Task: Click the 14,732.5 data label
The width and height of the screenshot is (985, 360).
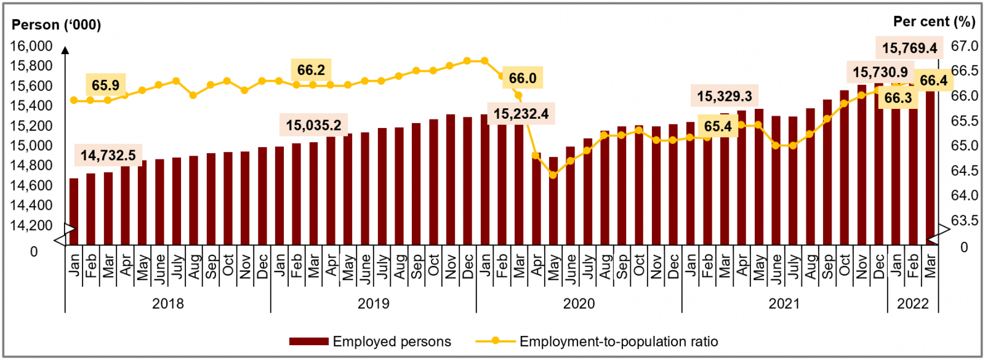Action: click(108, 156)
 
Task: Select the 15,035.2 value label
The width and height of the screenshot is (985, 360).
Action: click(313, 126)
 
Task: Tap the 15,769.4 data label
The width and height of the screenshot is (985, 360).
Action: click(909, 48)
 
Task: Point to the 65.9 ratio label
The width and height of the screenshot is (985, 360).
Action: click(106, 85)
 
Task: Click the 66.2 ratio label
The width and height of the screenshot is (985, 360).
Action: click(311, 70)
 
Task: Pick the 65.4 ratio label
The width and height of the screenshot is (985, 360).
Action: click(718, 127)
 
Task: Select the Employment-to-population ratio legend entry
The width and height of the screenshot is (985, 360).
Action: click(597, 342)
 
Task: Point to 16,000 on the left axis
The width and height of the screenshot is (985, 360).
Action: click(31, 46)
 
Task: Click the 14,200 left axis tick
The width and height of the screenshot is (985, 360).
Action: click(31, 225)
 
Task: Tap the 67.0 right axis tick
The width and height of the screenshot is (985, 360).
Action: click(965, 46)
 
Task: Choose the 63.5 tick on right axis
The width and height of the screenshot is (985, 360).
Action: click(965, 220)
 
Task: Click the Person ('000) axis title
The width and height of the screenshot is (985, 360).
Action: click(57, 25)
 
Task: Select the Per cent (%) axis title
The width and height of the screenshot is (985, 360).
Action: click(934, 22)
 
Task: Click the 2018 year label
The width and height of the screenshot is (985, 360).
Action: click(167, 303)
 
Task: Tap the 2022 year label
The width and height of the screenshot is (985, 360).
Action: click(912, 303)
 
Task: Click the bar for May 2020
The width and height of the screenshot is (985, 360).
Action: click(553, 201)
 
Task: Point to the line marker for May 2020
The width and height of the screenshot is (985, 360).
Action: click(553, 175)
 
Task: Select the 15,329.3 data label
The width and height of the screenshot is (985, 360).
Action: click(725, 96)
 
